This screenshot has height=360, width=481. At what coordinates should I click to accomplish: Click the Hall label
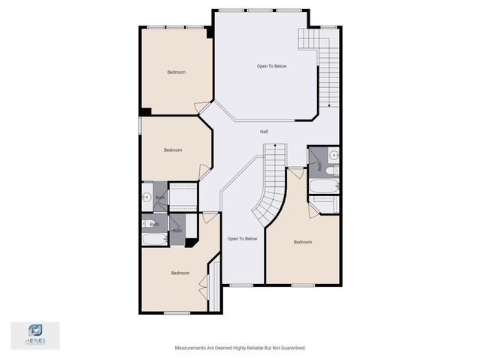tap(264, 132)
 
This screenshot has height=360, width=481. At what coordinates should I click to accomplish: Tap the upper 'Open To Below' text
tap(271, 66)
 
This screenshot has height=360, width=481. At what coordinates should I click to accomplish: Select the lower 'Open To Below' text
tap(242, 238)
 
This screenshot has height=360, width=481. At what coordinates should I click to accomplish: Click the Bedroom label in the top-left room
tap(176, 72)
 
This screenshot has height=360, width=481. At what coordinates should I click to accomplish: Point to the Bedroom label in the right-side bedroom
tap(302, 242)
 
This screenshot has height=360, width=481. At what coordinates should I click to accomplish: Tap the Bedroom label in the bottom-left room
tap(180, 273)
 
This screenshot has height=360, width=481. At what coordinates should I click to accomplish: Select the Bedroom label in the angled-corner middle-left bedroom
tap(173, 150)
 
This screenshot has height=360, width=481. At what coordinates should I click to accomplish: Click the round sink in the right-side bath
tap(334, 156)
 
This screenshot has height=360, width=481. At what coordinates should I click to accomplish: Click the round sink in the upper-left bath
tap(147, 198)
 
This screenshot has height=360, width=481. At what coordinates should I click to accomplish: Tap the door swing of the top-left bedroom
tap(202, 109)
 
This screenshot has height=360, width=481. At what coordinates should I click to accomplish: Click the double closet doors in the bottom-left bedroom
tap(203, 286)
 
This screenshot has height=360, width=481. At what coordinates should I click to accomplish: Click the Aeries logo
tap(35, 335)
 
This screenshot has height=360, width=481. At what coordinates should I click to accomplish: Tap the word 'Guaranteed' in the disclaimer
tap(290, 348)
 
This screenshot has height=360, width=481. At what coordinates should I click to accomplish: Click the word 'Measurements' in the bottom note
tap(192, 348)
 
